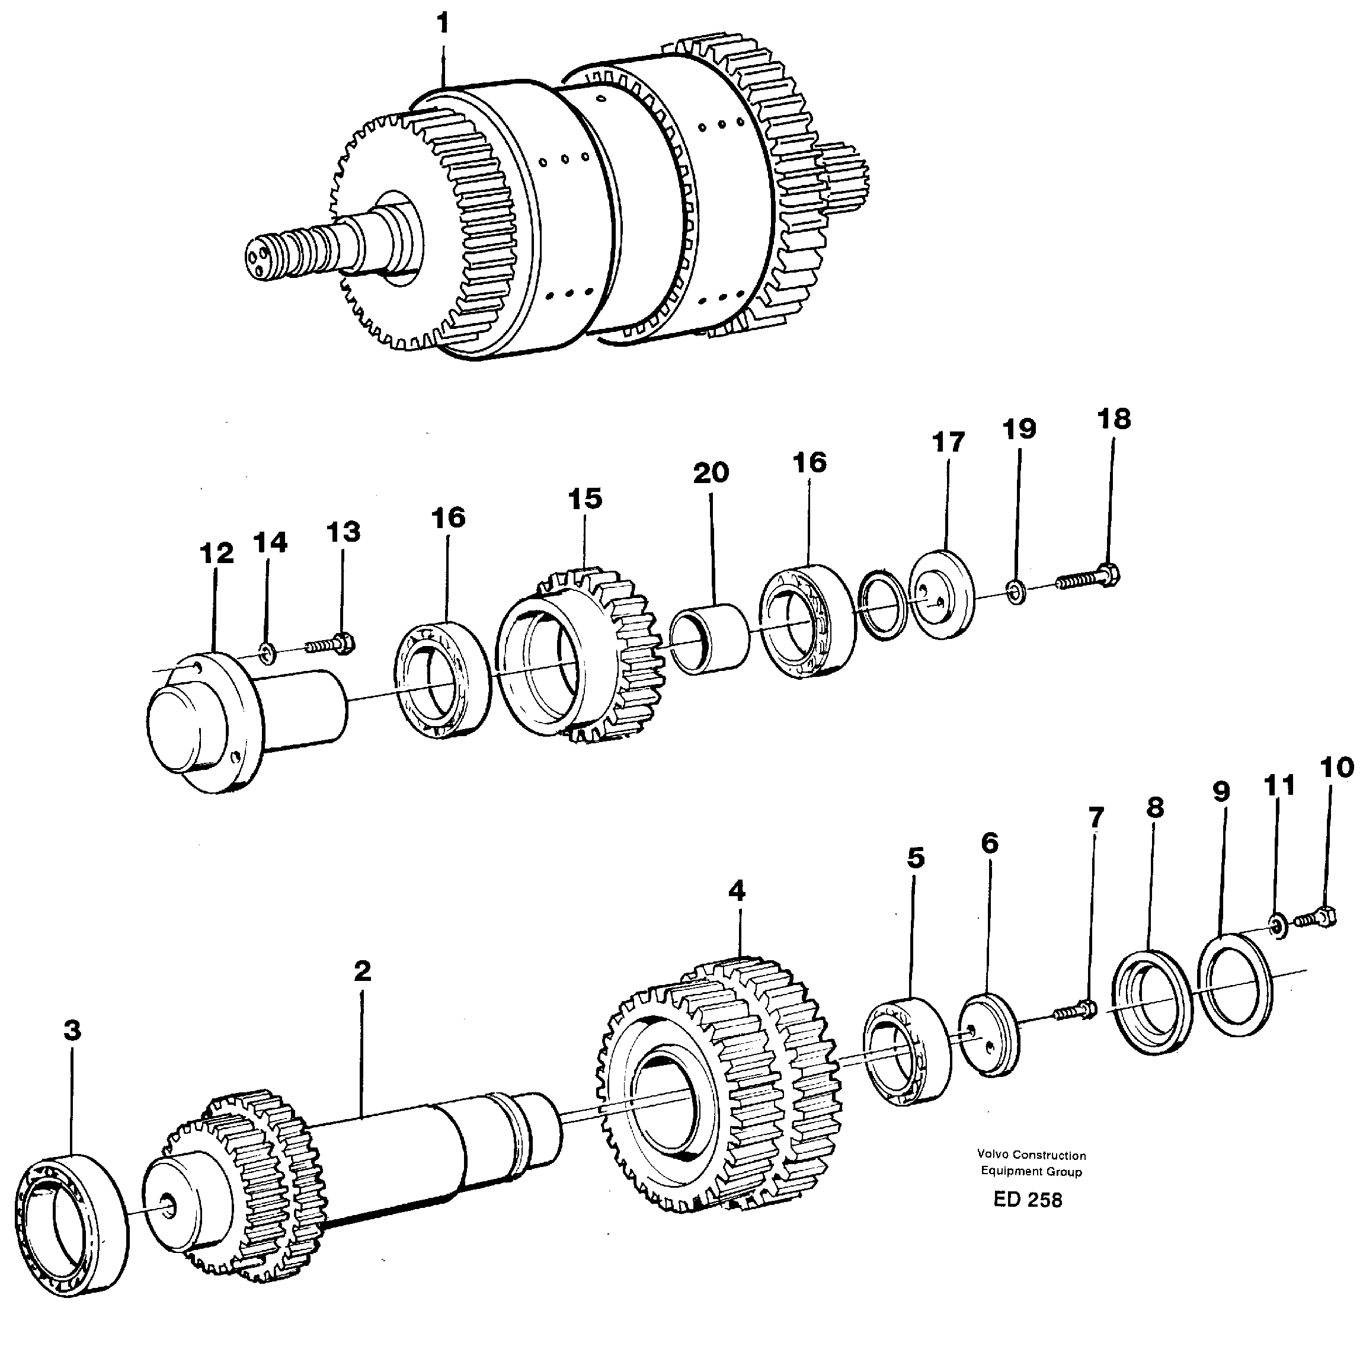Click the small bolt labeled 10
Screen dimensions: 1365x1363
(x=1316, y=919)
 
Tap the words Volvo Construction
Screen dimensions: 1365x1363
(x=1031, y=1155)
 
